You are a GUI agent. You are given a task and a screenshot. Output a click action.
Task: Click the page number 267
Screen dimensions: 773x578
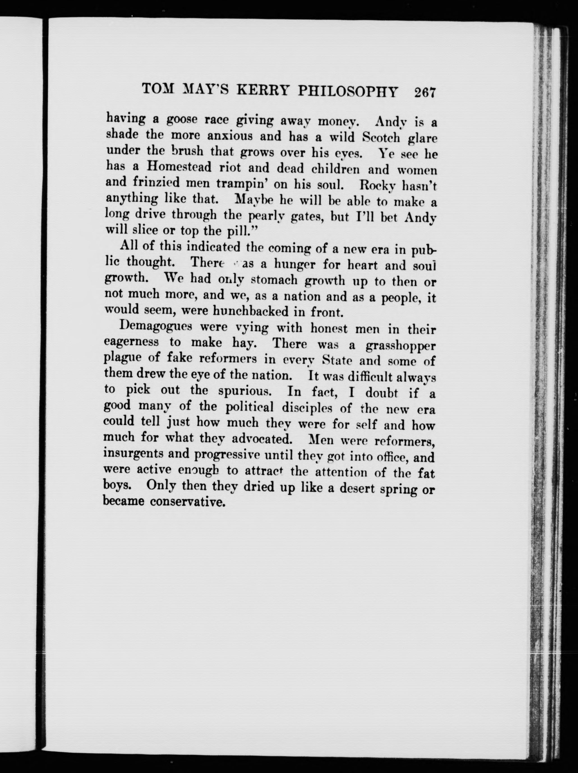[x=424, y=93]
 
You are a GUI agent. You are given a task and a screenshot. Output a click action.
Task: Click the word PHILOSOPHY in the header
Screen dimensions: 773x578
[x=348, y=92]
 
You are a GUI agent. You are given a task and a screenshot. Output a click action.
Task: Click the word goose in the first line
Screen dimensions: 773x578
[x=183, y=120]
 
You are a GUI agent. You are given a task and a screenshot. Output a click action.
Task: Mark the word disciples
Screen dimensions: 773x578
[x=307, y=407]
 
